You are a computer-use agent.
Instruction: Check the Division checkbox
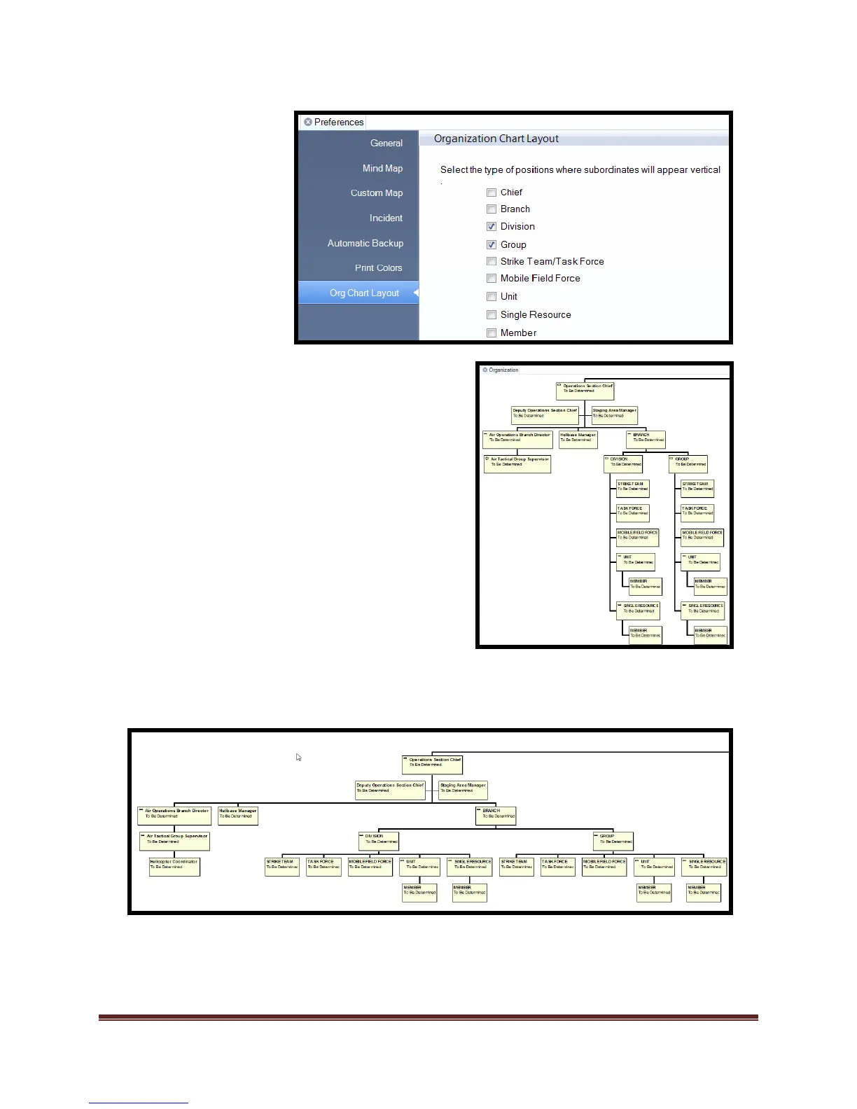[492, 227]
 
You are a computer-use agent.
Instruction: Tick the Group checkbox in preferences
[492, 245]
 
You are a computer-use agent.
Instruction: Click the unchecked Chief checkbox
[492, 193]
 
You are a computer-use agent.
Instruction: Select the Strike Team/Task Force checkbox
[492, 262]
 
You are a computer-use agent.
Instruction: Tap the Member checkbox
[492, 333]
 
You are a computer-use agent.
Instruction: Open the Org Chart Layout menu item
[364, 293]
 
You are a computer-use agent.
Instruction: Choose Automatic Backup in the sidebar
[365, 244]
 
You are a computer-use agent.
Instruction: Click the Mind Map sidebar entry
[382, 169]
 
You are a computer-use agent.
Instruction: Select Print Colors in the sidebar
[378, 268]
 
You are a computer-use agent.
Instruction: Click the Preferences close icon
[308, 123]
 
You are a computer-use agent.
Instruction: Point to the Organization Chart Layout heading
[496, 139]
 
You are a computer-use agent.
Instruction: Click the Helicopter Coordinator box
[174, 867]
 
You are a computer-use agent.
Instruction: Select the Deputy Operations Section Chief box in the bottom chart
[390, 790]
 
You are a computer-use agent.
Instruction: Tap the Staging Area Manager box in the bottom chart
[463, 790]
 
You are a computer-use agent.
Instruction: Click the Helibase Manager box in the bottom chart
[238, 816]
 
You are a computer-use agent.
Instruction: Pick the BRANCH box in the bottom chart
[496, 816]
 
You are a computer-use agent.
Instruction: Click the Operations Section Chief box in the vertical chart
[585, 390]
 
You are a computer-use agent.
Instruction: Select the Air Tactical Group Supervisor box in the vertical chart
[517, 463]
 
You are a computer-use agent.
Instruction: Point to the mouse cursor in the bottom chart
[299, 758]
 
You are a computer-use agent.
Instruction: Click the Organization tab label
[503, 370]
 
